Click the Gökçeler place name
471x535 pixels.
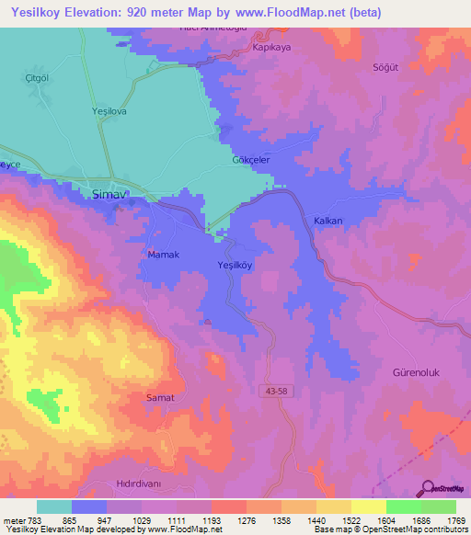point(249,160)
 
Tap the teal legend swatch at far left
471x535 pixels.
point(53,507)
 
